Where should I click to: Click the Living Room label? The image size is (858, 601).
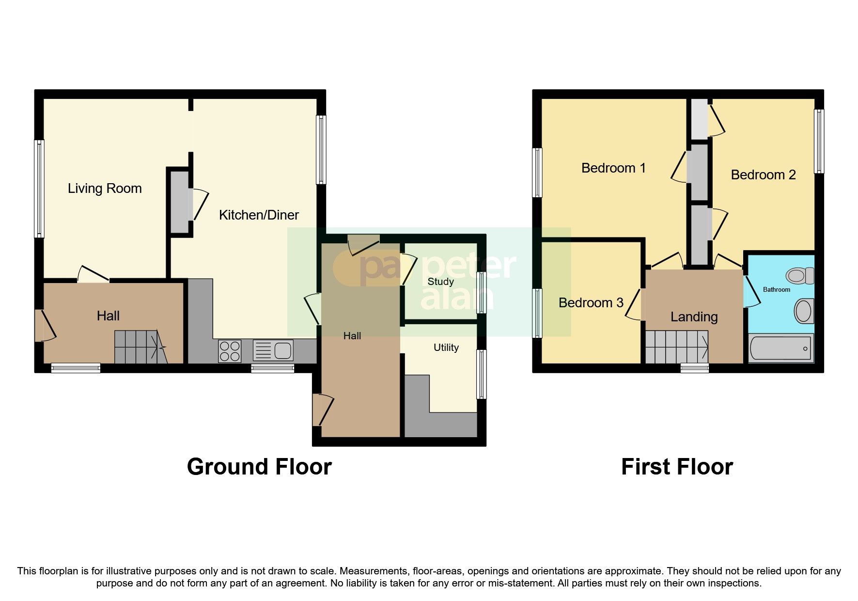[x=105, y=189]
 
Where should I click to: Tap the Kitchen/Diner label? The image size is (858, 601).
[x=259, y=215]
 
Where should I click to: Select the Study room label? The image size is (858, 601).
[x=440, y=282]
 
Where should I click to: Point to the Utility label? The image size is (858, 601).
[x=446, y=348]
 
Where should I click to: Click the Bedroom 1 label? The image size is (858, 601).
[x=613, y=168]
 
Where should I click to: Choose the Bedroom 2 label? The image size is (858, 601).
[x=763, y=175]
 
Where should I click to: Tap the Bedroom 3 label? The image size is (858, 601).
[x=591, y=303]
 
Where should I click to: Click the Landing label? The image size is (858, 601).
[x=694, y=317]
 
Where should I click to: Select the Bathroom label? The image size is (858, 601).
[x=776, y=290]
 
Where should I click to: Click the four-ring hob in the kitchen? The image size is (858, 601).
[x=230, y=351]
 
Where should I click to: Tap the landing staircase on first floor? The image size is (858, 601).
[x=677, y=347]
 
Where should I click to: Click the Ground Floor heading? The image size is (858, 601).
[x=259, y=467]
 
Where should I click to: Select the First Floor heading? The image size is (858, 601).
[x=677, y=467]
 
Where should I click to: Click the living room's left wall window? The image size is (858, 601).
[x=39, y=189]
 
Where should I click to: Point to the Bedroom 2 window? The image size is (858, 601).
[x=818, y=141]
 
